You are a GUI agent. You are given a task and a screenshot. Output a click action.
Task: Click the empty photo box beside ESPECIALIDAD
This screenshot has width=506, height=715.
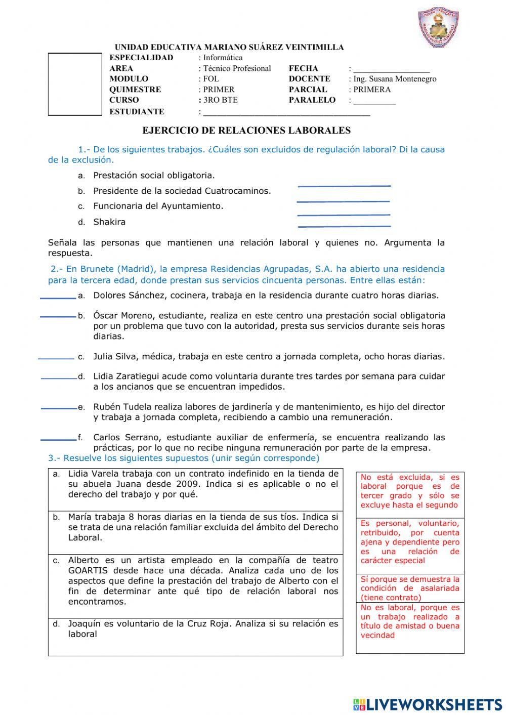pos(75,85)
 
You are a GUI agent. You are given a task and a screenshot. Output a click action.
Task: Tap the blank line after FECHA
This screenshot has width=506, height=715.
pos(391,70)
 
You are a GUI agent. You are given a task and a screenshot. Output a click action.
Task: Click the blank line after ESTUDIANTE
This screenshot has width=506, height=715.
pos(286,113)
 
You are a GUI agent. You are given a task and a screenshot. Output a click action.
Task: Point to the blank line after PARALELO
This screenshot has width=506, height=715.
pos(374,101)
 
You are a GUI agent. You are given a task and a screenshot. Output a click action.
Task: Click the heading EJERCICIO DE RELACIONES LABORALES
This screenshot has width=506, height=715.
pos(246,131)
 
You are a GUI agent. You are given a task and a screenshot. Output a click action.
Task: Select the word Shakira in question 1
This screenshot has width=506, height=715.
pos(109,222)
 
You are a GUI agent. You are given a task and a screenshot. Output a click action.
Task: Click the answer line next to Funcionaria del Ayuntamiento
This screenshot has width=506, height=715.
pos(344,215)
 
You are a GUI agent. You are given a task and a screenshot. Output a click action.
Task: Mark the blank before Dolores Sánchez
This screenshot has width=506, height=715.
pos(58,298)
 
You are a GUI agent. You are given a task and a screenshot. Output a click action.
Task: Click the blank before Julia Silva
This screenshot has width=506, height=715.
pos(56,358)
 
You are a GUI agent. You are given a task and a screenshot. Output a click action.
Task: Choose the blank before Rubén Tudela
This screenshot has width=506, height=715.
pos(59,408)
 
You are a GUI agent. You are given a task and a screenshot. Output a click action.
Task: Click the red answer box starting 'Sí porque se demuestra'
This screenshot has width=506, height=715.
pos(410,588)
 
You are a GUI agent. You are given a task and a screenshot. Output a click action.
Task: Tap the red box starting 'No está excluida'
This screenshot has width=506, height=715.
pos(410,491)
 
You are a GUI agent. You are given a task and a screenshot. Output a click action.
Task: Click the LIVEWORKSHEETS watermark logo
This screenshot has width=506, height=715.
pos(428,704)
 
